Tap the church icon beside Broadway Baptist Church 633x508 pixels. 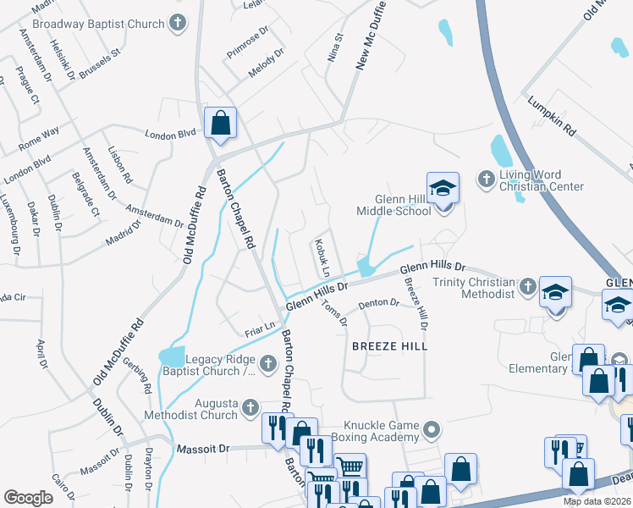177,23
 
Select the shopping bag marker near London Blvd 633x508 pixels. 220,124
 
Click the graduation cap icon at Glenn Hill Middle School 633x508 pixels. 441,189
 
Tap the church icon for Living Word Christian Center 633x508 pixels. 487,179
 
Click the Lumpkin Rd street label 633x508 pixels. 551,117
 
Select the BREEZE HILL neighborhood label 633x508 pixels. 389,346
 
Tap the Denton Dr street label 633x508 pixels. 377,302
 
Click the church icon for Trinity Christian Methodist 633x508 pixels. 526,287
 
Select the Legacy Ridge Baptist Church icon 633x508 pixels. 267,365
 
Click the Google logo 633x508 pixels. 28,497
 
